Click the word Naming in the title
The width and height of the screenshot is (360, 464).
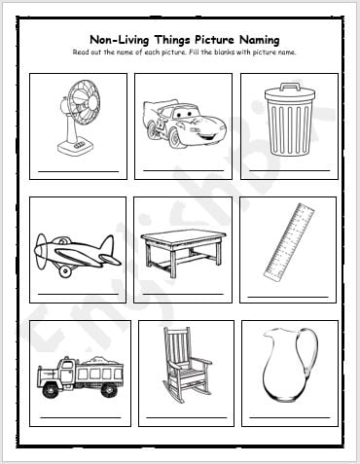tap(259, 40)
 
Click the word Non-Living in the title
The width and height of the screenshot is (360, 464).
tap(119, 40)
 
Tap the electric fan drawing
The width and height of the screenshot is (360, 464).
tap(79, 117)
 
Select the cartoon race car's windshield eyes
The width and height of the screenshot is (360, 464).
tap(183, 114)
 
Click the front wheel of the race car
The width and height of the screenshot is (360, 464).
tap(174, 138)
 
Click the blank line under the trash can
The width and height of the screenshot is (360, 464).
tap(290, 170)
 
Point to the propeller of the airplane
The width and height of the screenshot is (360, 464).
tap(41, 250)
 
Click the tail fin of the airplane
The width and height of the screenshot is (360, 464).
tap(108, 245)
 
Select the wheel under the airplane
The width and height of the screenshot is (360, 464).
tap(65, 271)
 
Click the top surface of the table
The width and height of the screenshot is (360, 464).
tap(184, 236)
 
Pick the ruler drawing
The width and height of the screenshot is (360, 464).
tap(289, 241)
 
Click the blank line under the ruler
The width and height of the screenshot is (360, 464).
tap(288, 297)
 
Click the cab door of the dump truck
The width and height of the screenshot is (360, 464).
tap(67, 373)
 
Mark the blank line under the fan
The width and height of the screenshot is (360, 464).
tap(79, 171)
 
